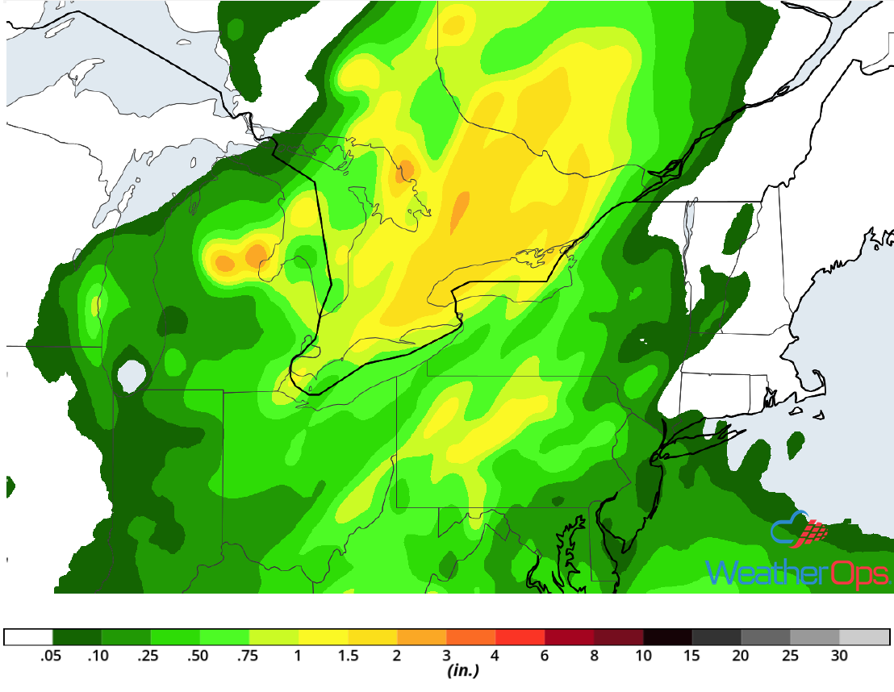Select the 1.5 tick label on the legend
(x=348, y=656)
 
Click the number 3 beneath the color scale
(x=446, y=656)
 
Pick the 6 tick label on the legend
(x=545, y=656)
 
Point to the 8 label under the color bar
(x=594, y=656)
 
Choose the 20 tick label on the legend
(x=741, y=656)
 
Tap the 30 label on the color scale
(x=839, y=656)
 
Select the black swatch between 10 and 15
(x=668, y=637)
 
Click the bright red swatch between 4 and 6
(x=520, y=637)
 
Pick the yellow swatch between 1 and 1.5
(x=324, y=637)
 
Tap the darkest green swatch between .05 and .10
(x=77, y=637)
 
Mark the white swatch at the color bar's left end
(x=29, y=637)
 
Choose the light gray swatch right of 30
(x=864, y=637)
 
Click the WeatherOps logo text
(x=797, y=573)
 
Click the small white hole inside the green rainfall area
(x=132, y=375)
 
